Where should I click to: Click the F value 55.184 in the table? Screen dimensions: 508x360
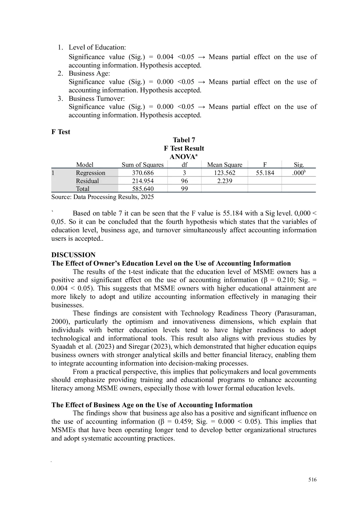point(265,173)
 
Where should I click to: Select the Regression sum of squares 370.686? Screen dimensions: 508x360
point(143,173)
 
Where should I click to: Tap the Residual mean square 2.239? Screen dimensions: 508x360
point(225,181)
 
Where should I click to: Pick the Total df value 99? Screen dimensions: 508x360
point(184,189)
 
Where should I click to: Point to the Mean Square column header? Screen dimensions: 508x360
point(225,165)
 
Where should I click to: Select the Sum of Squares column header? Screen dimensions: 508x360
point(143,165)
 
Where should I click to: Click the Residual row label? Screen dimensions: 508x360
point(87,181)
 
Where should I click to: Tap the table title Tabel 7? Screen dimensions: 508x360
point(184,140)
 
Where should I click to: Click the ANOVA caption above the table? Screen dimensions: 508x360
point(183,157)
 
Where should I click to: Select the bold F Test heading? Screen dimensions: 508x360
point(61,132)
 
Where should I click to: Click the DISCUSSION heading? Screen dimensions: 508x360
point(73,255)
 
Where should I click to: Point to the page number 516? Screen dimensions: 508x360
point(312,480)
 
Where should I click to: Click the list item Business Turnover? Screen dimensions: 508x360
point(97,98)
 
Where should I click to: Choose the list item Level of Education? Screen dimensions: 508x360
point(97,47)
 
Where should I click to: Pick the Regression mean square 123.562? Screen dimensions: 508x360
point(225,173)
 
